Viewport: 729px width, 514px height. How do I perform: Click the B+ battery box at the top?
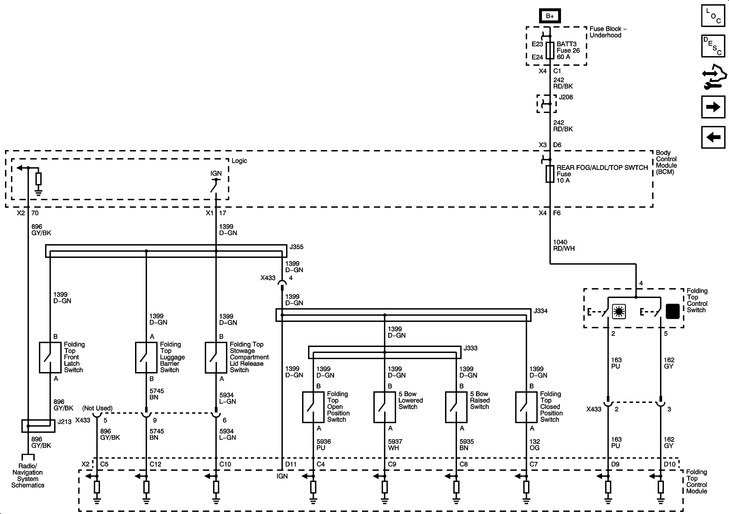[x=550, y=16]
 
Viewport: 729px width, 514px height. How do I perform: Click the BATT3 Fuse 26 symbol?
[x=550, y=51]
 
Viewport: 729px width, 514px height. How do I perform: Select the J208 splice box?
[x=546, y=104]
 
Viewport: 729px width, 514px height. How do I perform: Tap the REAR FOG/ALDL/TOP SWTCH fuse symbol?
[x=550, y=174]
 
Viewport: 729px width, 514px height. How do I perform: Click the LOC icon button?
[x=713, y=16]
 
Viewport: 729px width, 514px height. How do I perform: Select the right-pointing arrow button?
[x=713, y=107]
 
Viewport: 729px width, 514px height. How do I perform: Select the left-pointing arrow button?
[x=713, y=137]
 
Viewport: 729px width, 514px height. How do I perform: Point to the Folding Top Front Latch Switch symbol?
[x=50, y=357]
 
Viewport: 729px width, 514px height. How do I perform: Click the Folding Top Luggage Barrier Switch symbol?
[x=146, y=357]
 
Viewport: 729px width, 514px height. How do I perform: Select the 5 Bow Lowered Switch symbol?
[x=385, y=407]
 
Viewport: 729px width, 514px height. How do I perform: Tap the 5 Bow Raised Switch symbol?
[x=456, y=407]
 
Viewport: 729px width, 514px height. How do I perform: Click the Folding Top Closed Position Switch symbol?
[x=526, y=407]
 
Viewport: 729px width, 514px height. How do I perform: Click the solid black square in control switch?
[x=673, y=311]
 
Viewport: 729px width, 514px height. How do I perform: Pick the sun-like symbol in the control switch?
[x=619, y=311]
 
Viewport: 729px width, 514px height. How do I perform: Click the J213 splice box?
[x=38, y=426]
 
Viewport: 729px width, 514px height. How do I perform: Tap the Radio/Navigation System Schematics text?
[x=28, y=476]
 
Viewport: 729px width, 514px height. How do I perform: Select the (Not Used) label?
[x=97, y=408]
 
